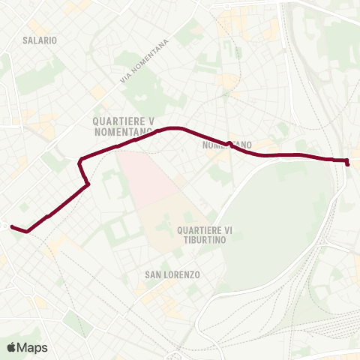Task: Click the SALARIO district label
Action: [x=40, y=39]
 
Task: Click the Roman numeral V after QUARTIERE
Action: [x=152, y=120]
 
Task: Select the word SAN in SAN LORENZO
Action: [x=153, y=275]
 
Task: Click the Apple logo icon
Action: [x=12, y=347]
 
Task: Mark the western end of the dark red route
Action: [x=11, y=225]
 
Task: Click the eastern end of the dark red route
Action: [x=348, y=163]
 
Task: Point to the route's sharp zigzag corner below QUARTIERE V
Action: [x=88, y=184]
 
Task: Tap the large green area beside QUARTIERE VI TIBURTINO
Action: [x=277, y=217]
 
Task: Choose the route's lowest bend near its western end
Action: [x=27, y=232]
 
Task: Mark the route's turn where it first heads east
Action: [x=81, y=160]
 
